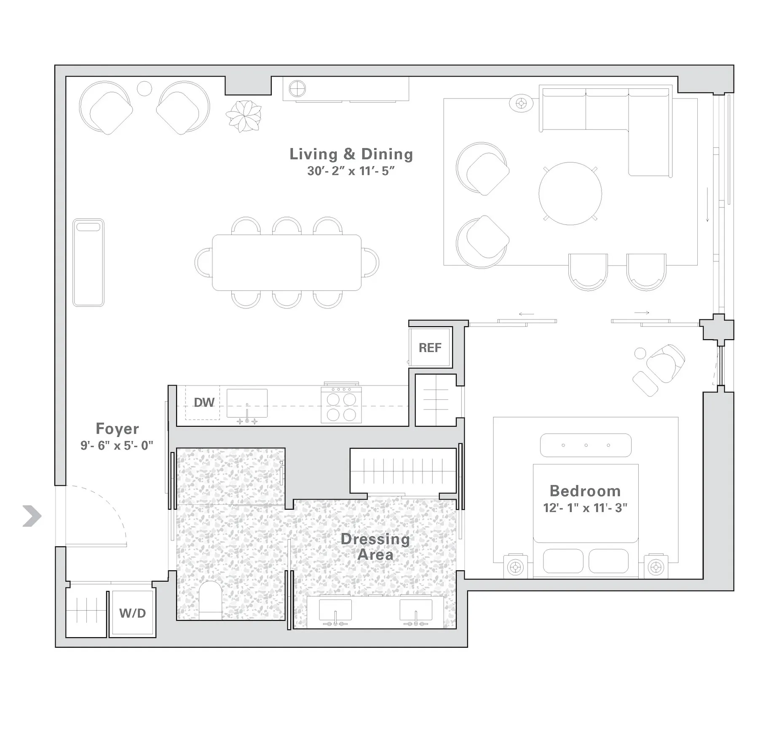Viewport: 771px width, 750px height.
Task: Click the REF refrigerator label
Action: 429,348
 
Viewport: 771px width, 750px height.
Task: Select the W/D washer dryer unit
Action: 132,613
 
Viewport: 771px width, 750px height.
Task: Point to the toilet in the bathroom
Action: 209,600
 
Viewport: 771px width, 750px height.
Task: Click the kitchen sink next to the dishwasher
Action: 247,403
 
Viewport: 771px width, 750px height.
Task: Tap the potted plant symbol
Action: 243,116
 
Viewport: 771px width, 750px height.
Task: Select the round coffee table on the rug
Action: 570,194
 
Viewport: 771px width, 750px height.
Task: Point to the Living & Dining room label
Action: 351,154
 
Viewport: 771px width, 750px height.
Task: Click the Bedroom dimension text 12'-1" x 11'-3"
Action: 585,508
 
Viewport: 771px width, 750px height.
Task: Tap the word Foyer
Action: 117,429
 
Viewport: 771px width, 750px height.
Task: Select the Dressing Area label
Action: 375,546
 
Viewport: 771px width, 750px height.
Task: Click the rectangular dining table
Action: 286,263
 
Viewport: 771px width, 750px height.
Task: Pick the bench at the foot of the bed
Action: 585,445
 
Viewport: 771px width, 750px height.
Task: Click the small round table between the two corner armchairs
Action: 144,88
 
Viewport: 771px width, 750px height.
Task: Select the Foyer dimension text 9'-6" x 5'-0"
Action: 117,445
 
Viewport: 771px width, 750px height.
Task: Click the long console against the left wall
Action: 88,262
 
